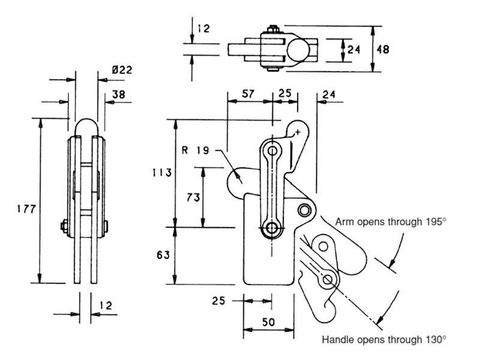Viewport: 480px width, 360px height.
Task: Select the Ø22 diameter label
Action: point(122,70)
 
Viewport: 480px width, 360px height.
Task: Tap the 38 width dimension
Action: point(118,94)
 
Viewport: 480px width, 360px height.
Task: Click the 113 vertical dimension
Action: point(162,173)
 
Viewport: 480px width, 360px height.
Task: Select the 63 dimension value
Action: point(162,255)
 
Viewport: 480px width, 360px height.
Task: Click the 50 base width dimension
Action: point(268,322)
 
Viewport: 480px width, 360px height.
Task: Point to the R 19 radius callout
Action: point(196,150)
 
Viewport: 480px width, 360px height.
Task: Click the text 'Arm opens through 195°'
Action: point(391,222)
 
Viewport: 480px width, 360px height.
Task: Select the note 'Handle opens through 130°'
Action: point(384,340)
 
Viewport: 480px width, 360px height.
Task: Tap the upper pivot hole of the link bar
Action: point(274,149)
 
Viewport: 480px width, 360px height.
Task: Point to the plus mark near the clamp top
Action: point(297,132)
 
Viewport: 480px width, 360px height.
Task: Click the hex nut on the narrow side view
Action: point(63,226)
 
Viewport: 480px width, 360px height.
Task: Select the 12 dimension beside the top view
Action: point(203,28)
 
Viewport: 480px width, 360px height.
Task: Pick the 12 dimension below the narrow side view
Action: point(106,305)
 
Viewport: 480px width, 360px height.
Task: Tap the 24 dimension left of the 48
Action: point(353,49)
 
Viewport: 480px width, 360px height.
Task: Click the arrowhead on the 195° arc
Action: point(392,262)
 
